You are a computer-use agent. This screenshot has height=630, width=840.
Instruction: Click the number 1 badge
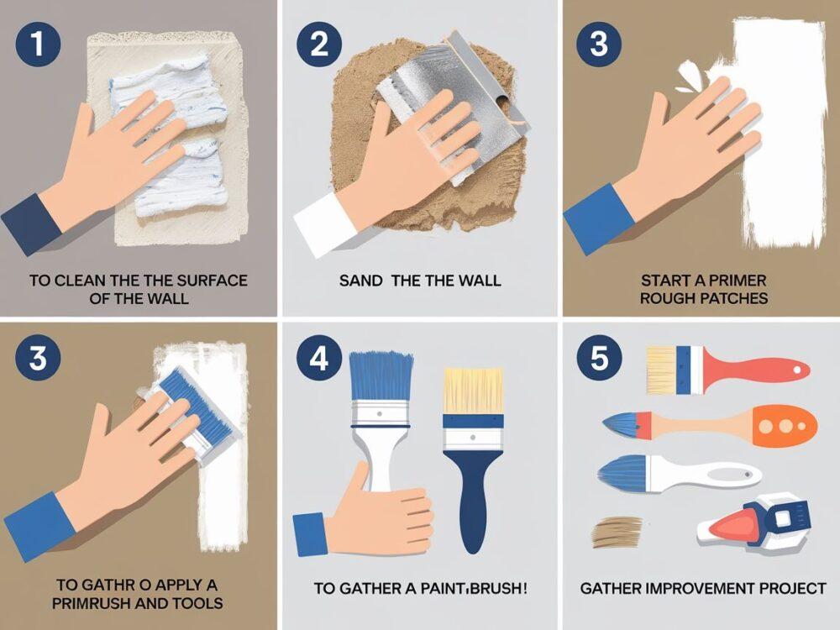tap(37, 45)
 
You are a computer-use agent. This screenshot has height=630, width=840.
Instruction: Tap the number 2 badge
tap(318, 45)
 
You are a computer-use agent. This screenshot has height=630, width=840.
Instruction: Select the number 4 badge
tap(318, 358)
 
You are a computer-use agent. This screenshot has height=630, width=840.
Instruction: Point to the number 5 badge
tap(600, 358)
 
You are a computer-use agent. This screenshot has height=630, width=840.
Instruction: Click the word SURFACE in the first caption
tap(212, 281)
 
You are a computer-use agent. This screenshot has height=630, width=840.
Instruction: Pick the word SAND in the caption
tap(361, 281)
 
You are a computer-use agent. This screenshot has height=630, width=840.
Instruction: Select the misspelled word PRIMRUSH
tap(91, 603)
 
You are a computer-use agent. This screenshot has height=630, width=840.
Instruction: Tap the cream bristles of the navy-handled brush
tap(473, 390)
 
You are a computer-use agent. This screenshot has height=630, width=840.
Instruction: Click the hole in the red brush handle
tap(798, 370)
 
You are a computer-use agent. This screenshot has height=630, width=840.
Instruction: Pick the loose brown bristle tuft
tap(617, 532)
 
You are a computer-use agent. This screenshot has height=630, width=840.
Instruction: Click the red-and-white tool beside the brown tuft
tap(753, 521)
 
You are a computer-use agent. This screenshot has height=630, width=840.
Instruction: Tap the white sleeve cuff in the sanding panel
tap(324, 218)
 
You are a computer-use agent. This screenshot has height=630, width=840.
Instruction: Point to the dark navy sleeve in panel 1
tap(32, 223)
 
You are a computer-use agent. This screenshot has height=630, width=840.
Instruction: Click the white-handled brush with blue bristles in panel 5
tap(680, 473)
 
